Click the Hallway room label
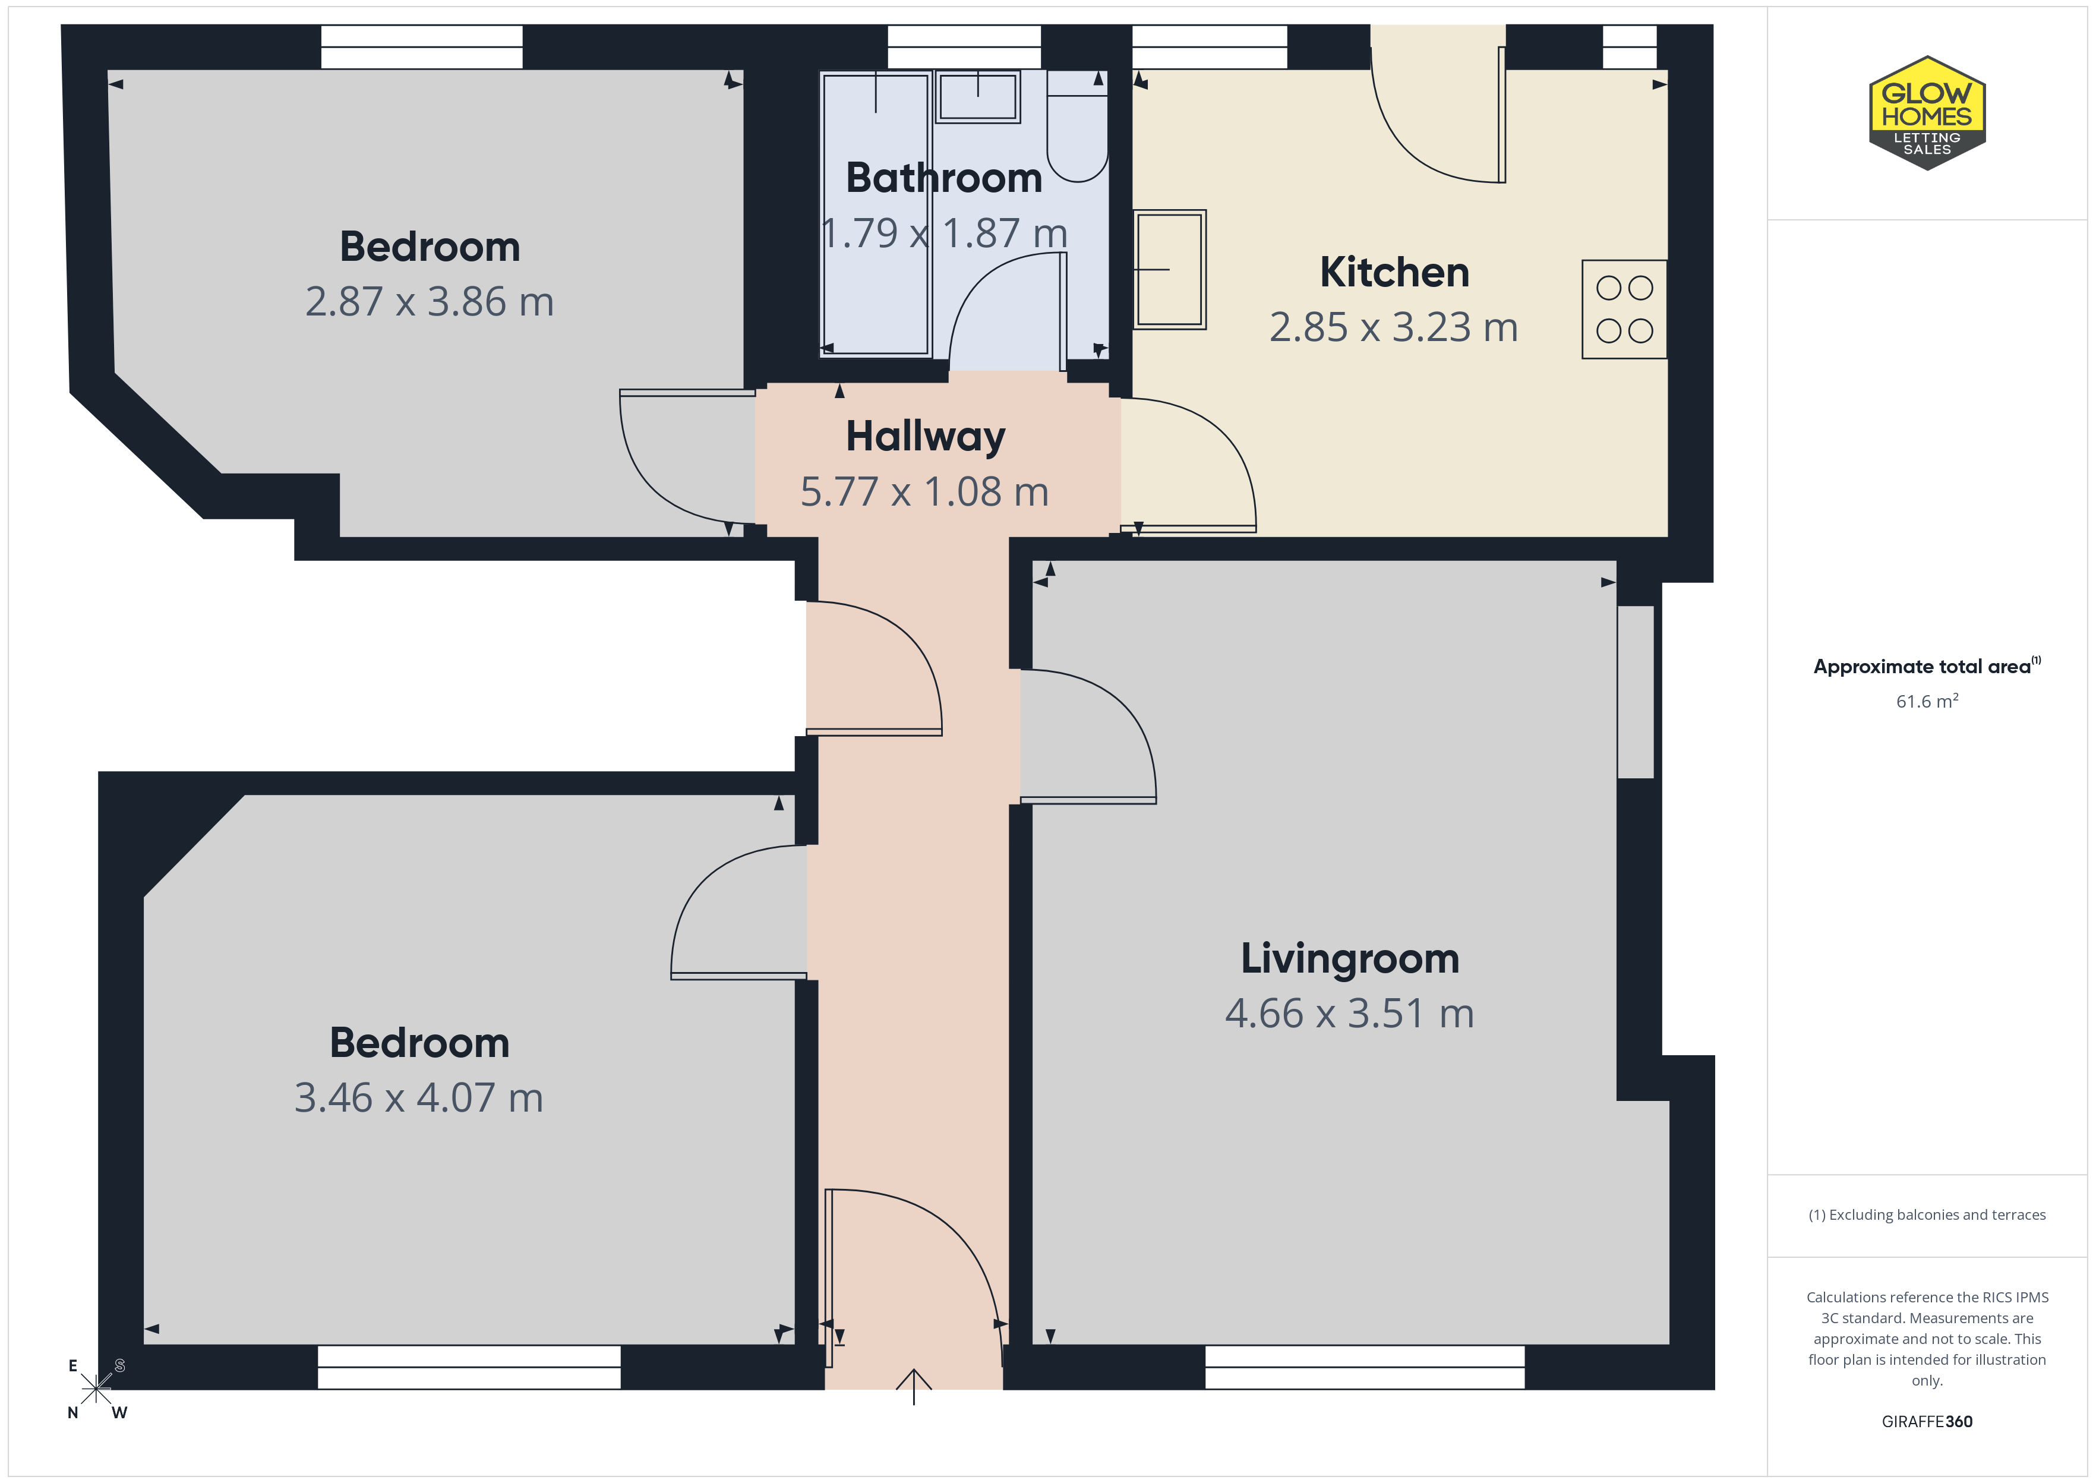pyautogui.click(x=925, y=437)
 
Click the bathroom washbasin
pyautogui.click(x=978, y=96)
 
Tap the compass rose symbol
pyautogui.click(x=96, y=1389)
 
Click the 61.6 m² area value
pyautogui.click(x=1927, y=701)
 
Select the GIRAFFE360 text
pyautogui.click(x=1927, y=1422)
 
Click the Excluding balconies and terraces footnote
pyautogui.click(x=1927, y=1214)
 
